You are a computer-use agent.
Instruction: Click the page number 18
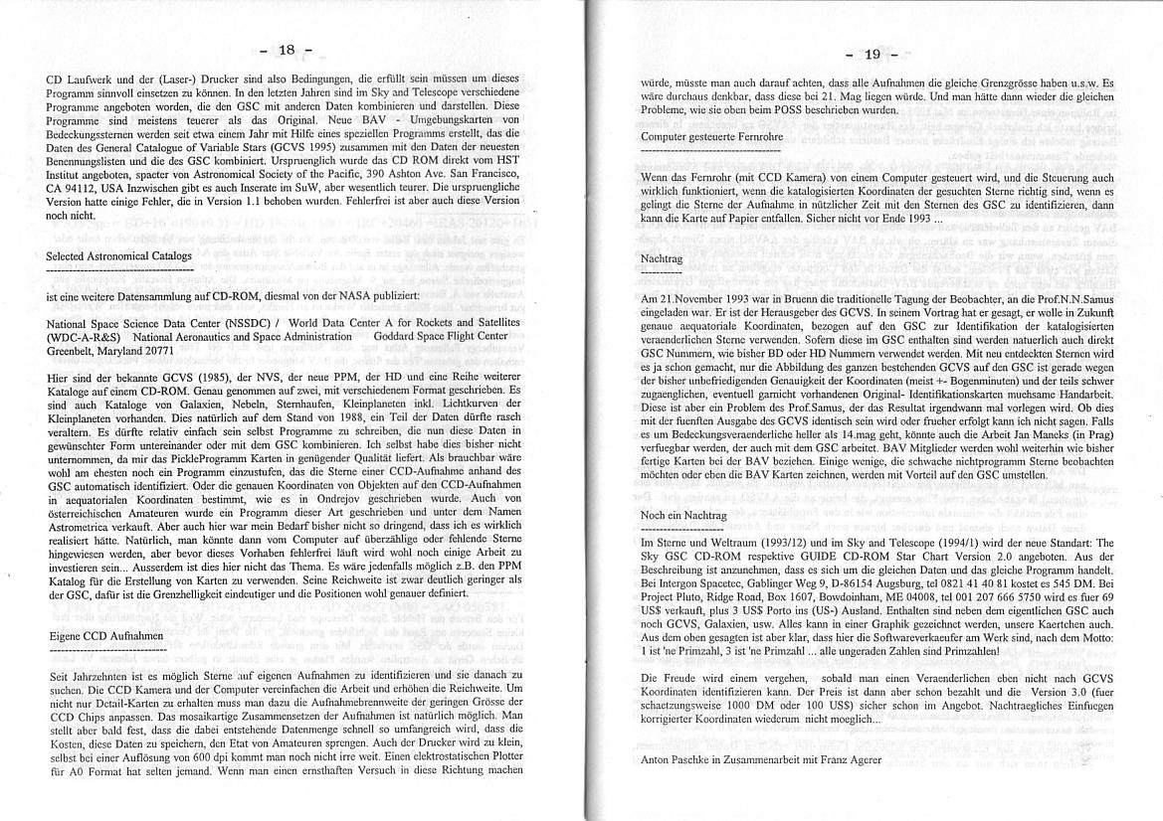[x=286, y=50]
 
